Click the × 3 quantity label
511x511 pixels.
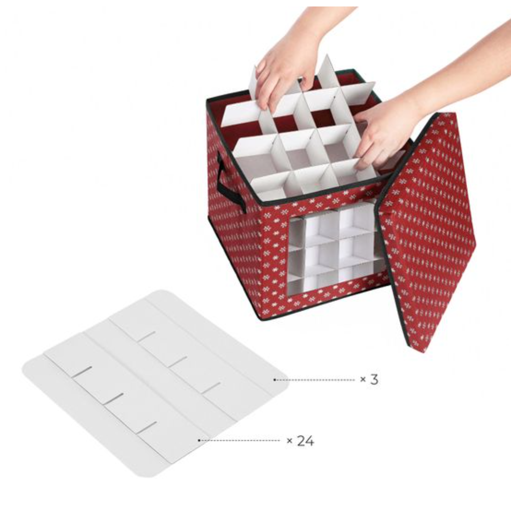click(x=369, y=380)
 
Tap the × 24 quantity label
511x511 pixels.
click(x=300, y=441)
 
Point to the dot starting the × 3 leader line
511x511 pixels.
click(x=274, y=380)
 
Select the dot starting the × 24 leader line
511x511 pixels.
click(x=199, y=440)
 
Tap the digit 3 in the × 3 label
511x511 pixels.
click(x=374, y=380)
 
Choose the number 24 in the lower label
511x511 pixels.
click(x=305, y=441)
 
